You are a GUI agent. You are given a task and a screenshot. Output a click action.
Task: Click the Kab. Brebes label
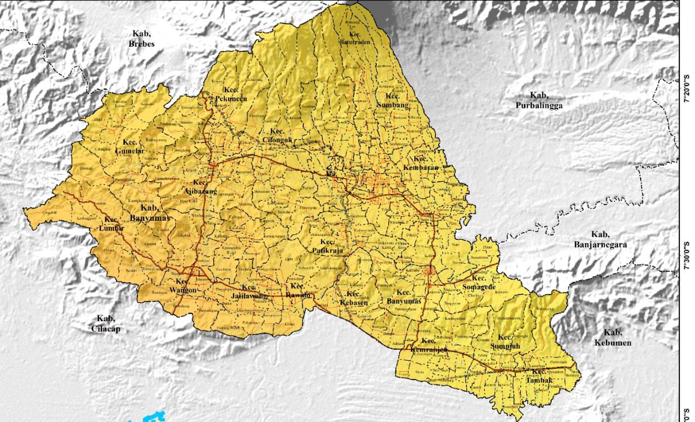pos(142,39)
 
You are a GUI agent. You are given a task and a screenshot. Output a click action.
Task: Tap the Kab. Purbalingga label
pos(539,100)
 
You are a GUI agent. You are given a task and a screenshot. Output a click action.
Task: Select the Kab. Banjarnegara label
pos(600,239)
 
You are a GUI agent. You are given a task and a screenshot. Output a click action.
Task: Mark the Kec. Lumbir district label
pos(112,224)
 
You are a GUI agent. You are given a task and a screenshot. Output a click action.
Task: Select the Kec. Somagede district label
pos(479,282)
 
